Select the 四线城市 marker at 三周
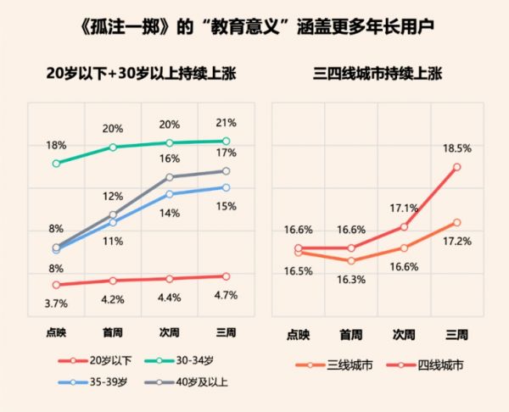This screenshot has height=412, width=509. [x=457, y=167]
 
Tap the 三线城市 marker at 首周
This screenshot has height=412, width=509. [x=351, y=260]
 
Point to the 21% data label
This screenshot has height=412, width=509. [x=225, y=124]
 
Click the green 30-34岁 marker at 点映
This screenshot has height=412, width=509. [x=56, y=163]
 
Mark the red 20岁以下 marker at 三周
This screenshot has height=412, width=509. [x=226, y=276]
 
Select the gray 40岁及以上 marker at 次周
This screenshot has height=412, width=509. [x=170, y=177]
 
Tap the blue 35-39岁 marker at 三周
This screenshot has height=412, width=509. [x=226, y=187]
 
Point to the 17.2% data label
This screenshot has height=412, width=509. [x=456, y=241]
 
